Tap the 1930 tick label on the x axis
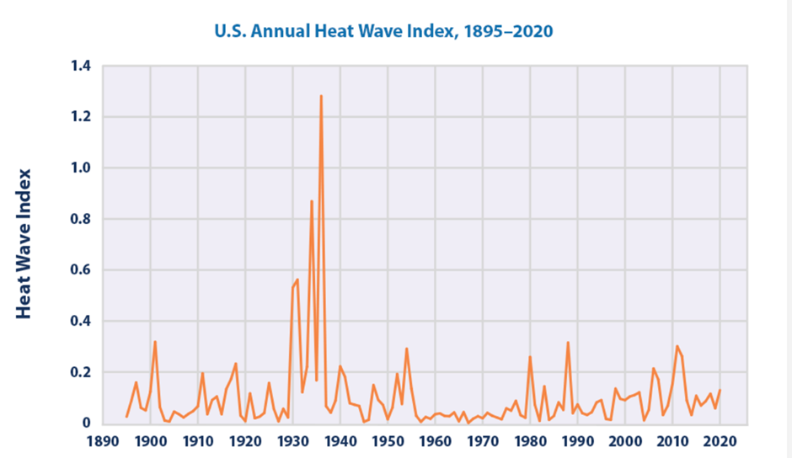tap(292, 440)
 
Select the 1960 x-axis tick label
tap(435, 440)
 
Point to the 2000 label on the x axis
tap(625, 440)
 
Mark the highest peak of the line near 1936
tap(321, 96)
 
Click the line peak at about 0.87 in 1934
tap(312, 200)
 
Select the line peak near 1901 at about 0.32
tap(155, 341)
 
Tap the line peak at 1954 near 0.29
tap(406, 349)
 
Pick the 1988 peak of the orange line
tap(568, 342)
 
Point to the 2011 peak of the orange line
tap(677, 346)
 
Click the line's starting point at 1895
tap(126, 417)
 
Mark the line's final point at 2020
tap(720, 390)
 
